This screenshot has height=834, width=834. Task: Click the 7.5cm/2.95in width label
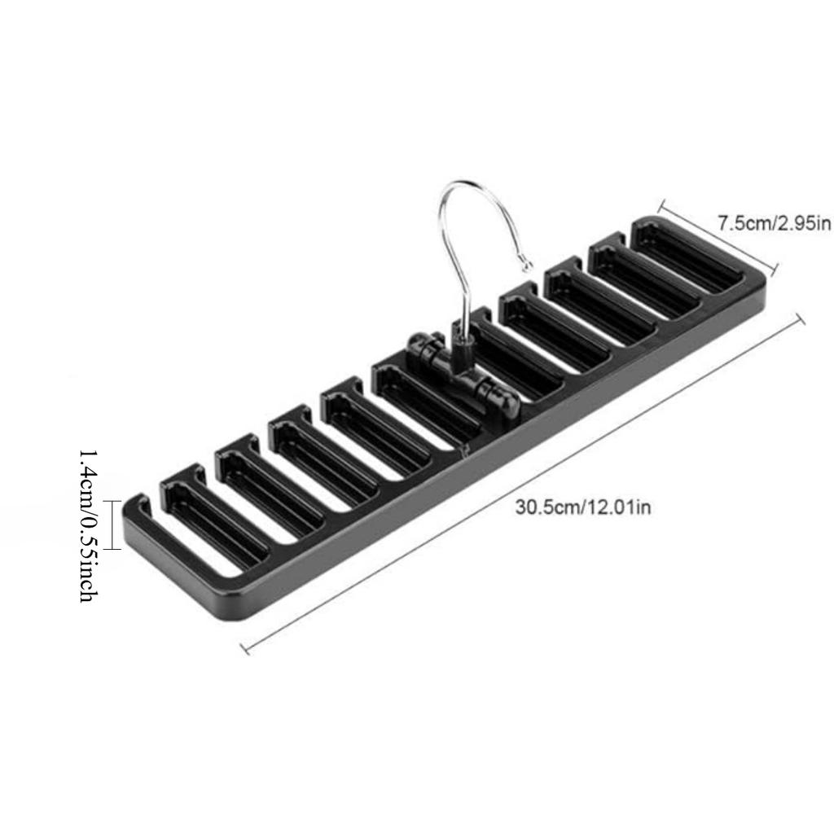point(774,222)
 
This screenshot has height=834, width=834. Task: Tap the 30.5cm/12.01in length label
point(582,507)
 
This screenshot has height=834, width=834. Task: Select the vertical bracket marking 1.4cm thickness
point(112,525)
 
